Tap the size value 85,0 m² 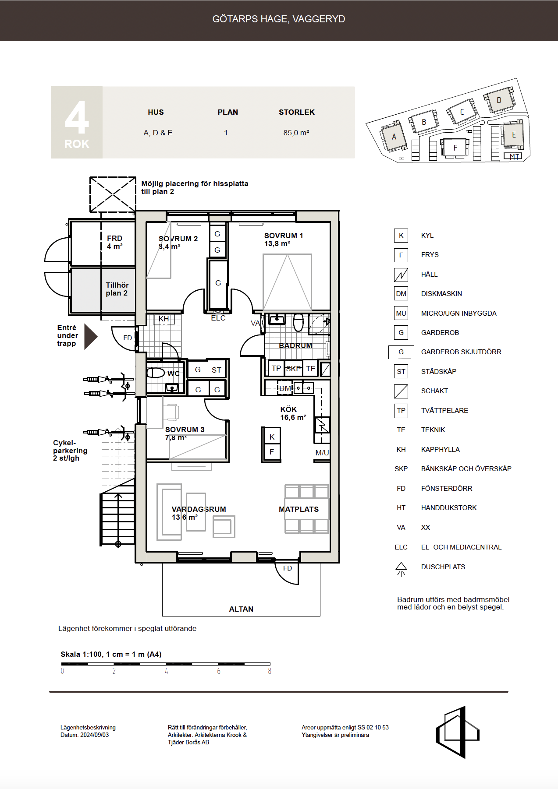point(296,133)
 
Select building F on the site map point(455,148)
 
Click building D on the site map point(499,100)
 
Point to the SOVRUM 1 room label point(284,236)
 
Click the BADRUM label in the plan point(295,345)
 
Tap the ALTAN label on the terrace point(241,609)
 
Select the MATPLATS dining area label point(299,509)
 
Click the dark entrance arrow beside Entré point(90,337)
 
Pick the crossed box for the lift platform point(113,194)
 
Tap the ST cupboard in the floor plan point(217,370)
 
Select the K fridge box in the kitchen point(272,437)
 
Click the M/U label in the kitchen point(322,453)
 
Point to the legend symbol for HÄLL point(401,275)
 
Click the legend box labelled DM point(401,294)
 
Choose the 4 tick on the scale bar point(167,671)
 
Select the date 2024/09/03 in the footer point(94,735)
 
